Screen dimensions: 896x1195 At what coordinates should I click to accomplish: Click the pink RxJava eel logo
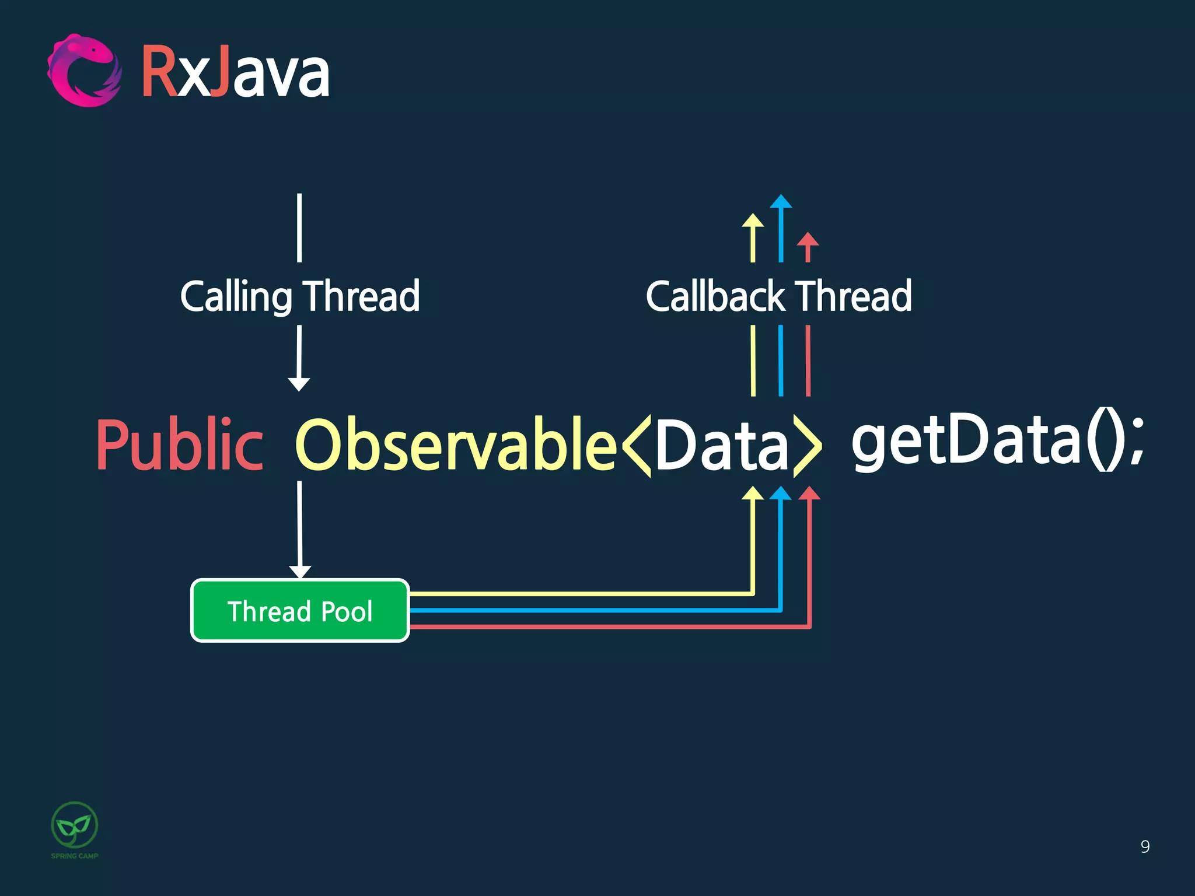pos(85,71)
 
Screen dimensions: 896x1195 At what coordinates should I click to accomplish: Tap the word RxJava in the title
pos(235,73)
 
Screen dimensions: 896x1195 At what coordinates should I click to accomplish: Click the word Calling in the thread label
pos(236,296)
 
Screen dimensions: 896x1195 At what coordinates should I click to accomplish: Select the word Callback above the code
pos(715,296)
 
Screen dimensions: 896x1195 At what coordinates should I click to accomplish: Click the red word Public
pos(179,444)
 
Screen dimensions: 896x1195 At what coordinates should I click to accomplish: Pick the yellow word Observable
pos(456,444)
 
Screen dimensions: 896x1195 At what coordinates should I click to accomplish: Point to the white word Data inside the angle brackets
pos(722,444)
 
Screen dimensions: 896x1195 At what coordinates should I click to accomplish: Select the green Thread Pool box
pos(300,611)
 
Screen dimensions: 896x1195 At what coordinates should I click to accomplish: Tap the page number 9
pos(1145,846)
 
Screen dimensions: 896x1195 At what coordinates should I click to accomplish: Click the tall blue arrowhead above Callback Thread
pos(781,202)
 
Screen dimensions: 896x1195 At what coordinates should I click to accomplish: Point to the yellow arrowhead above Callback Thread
pos(753,220)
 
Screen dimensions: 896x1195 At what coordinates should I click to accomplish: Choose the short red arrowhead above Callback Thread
pos(808,239)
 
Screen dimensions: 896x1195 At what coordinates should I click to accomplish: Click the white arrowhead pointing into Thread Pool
pos(300,571)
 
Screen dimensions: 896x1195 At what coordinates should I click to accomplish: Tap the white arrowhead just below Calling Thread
pos(299,384)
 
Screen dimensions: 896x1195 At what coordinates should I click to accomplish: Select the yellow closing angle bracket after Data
pos(808,446)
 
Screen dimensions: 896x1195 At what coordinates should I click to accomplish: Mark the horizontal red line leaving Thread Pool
pos(607,627)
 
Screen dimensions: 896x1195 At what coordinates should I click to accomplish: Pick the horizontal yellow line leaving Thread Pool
pos(578,594)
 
